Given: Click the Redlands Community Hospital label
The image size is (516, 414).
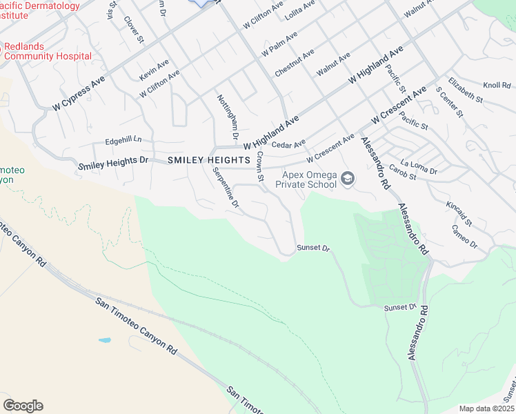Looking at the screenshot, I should coord(46,50).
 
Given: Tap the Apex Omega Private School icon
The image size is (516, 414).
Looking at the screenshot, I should coord(348,179).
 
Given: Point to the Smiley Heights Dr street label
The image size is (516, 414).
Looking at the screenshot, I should coord(113,163).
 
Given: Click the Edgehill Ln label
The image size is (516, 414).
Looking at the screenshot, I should coord(123,140).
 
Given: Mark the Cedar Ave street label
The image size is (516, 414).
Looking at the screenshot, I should coord(288,144).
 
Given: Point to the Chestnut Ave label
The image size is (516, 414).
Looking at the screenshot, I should coord(294,62).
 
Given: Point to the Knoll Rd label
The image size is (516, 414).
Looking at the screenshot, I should coord(497,86).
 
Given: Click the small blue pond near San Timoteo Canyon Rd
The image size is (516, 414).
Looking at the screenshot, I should coord(104,340).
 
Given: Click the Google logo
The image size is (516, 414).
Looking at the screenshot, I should coord(23,406).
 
